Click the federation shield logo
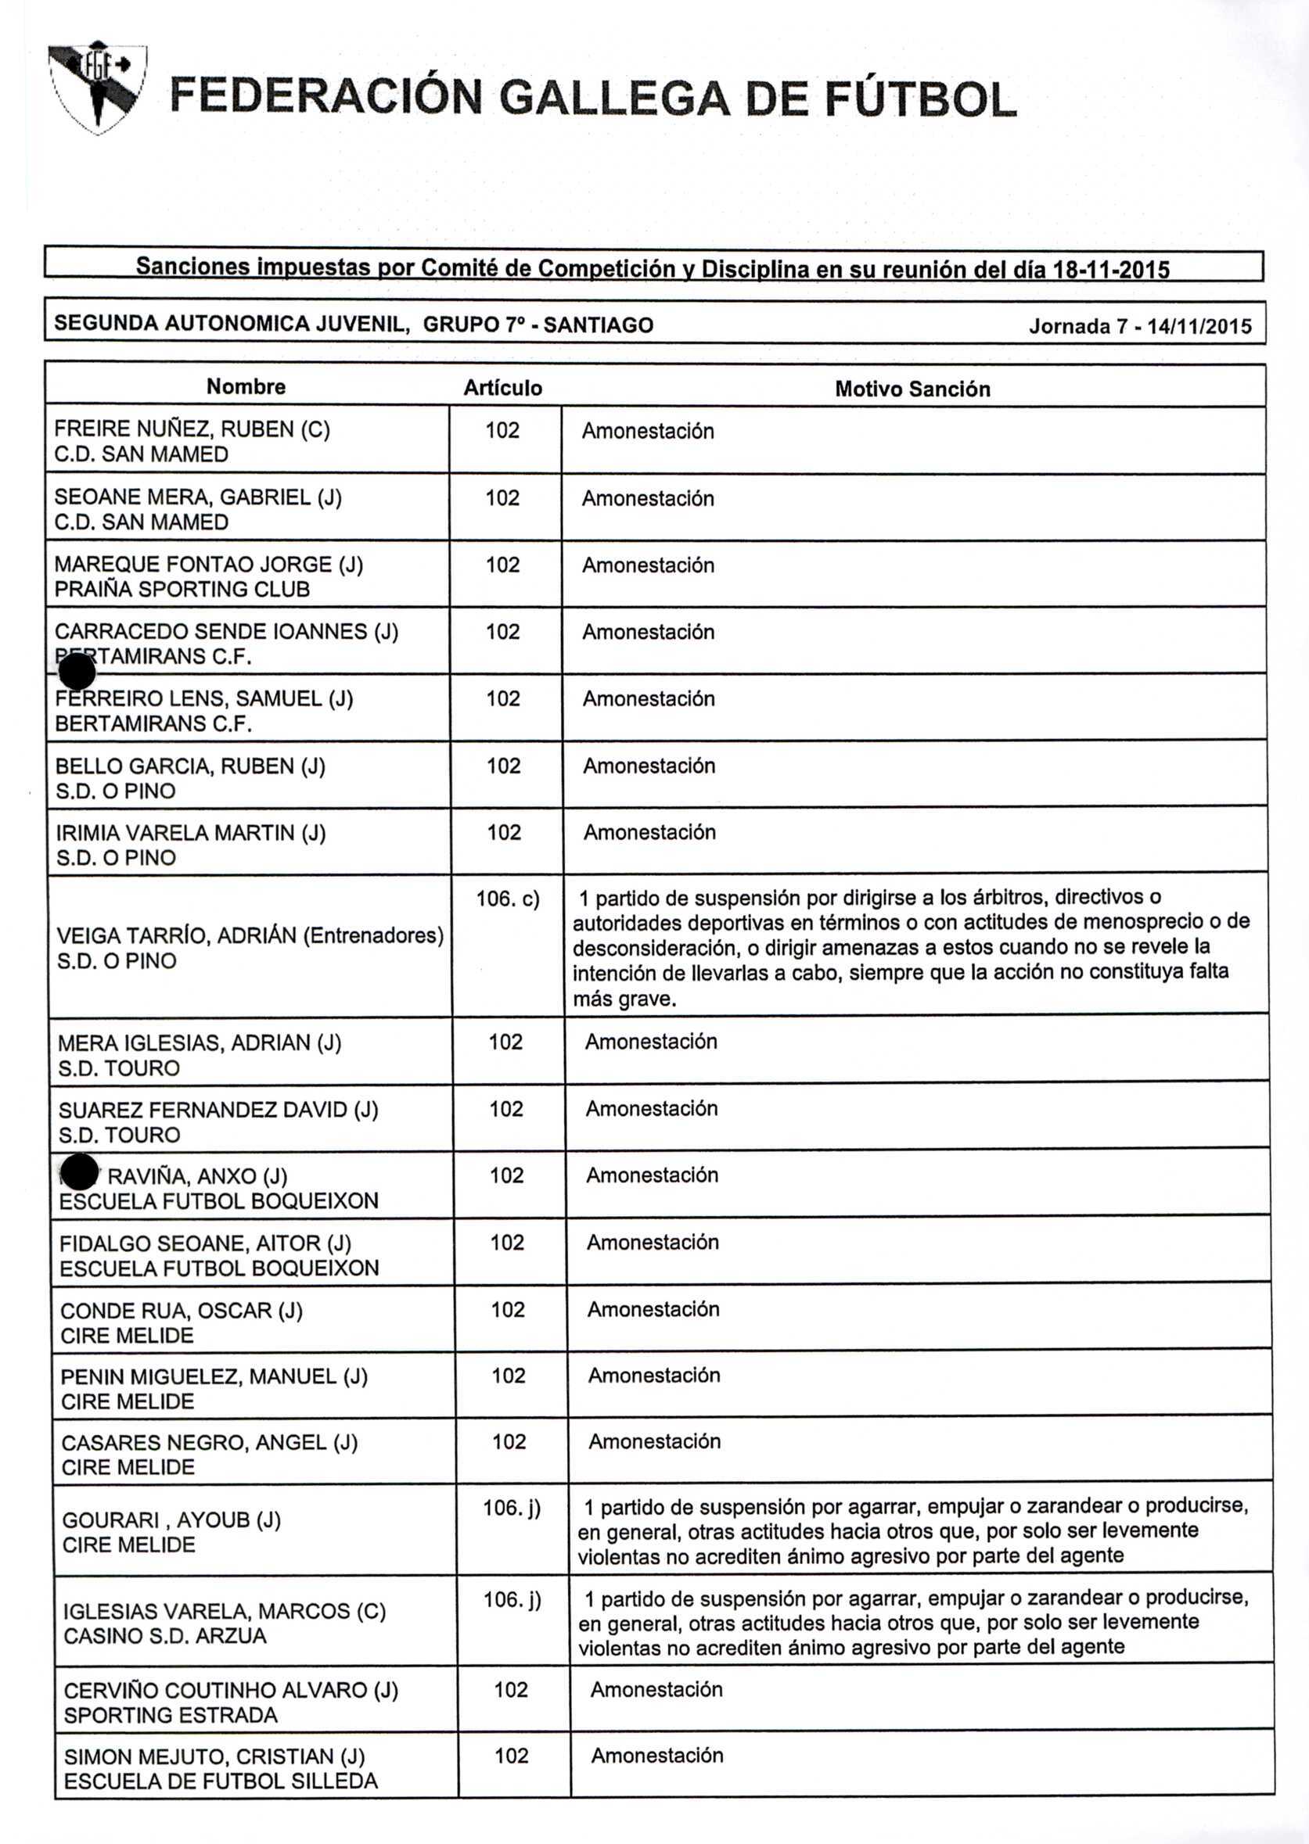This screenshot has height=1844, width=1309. tap(98, 85)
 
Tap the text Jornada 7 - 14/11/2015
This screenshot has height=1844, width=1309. tap(1140, 326)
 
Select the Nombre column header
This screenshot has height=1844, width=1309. tap(246, 386)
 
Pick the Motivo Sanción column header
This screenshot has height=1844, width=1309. tap(912, 389)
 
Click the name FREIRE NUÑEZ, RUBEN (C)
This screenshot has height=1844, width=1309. tap(192, 429)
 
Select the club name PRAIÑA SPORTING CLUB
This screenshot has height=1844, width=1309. tap(182, 589)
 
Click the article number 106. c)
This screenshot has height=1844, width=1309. tap(508, 899)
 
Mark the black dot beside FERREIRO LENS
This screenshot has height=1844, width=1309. tap(77, 673)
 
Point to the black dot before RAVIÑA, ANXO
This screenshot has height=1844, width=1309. tap(79, 1172)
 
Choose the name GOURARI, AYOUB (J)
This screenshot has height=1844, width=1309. tap(171, 1519)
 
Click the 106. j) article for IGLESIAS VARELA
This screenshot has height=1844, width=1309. tap(512, 1598)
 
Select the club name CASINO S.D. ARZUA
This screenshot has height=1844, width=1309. tap(164, 1636)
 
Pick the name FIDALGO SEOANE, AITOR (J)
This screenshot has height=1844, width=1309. tap(205, 1244)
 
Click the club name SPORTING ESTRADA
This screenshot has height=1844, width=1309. tap(170, 1715)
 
